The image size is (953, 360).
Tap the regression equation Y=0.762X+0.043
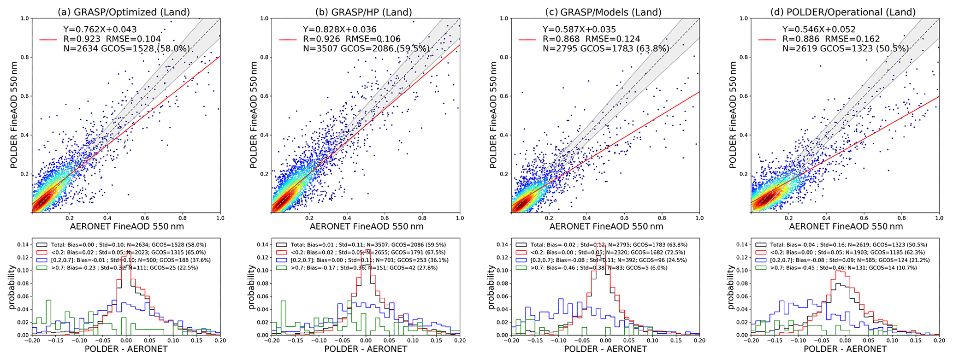coord(100,30)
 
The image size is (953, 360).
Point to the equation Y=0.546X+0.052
coord(819,30)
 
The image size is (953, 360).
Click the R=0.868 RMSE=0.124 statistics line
coord(592,39)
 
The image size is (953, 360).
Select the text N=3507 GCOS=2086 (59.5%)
coord(366,48)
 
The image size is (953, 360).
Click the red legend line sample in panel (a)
coord(48,40)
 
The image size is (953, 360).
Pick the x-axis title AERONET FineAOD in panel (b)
coord(367,226)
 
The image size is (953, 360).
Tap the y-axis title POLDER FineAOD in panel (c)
coord(493,116)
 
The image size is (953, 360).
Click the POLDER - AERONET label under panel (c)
coord(605,349)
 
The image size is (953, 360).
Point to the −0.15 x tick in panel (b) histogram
coord(295,341)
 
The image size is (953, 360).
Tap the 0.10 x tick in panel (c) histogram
coord(653,341)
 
